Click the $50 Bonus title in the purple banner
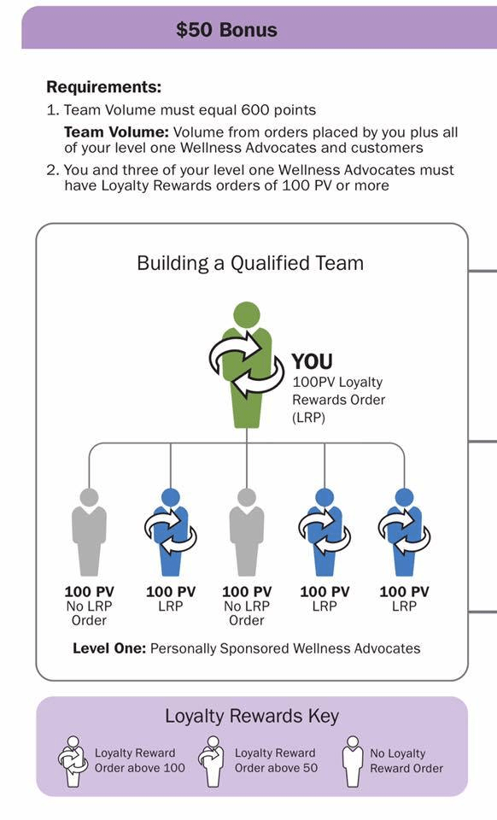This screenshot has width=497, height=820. pyautogui.click(x=226, y=30)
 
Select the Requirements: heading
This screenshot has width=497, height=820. pyautogui.click(x=104, y=87)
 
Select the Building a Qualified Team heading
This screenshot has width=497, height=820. pyautogui.click(x=250, y=262)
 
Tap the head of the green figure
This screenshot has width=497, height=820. pyautogui.click(x=247, y=315)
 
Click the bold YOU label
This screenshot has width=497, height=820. pyautogui.click(x=312, y=361)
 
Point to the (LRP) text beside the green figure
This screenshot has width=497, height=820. pyautogui.click(x=309, y=418)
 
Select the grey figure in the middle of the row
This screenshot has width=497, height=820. pyautogui.click(x=247, y=532)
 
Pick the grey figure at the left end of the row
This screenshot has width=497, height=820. pyautogui.click(x=89, y=532)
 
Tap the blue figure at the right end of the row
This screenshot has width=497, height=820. pyautogui.click(x=404, y=532)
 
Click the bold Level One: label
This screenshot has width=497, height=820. pyautogui.click(x=109, y=649)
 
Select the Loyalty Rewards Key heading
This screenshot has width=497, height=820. pyautogui.click(x=252, y=716)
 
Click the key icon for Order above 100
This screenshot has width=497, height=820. pyautogui.click(x=73, y=761)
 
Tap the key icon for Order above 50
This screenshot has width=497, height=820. pyautogui.click(x=213, y=761)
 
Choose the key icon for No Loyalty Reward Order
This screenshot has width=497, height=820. pyautogui.click(x=353, y=761)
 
